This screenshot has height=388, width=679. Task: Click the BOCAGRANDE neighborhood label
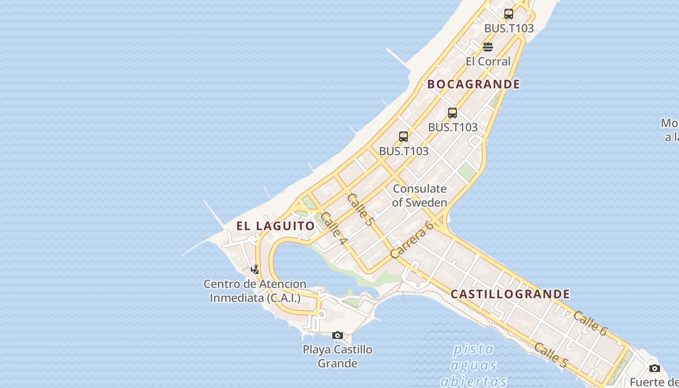coord(473,84)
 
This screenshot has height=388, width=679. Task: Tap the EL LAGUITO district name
coord(275,226)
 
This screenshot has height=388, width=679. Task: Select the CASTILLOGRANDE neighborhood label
coord(510,294)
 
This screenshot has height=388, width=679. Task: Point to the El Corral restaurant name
coord(488,62)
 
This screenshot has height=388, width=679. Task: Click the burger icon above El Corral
coord(488,47)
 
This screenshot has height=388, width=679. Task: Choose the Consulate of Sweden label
coord(420,195)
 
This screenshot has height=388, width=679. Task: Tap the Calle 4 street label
coord(334,228)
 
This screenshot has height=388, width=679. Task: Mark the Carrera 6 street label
coord(411,240)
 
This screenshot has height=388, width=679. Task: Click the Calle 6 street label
coord(590,323)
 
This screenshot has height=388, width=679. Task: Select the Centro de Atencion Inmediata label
coord(255,291)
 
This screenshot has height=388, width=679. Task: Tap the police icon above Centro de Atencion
coord(255,269)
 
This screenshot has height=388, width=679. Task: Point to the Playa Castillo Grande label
coord(338,356)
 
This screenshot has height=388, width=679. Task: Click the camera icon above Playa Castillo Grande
coord(338,335)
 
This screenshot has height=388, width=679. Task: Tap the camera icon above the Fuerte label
coord(655,368)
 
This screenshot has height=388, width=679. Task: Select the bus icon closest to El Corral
coord(508,14)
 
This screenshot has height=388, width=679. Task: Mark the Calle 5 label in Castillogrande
coord(550,355)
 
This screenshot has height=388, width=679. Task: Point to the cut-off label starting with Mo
coord(670,130)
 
